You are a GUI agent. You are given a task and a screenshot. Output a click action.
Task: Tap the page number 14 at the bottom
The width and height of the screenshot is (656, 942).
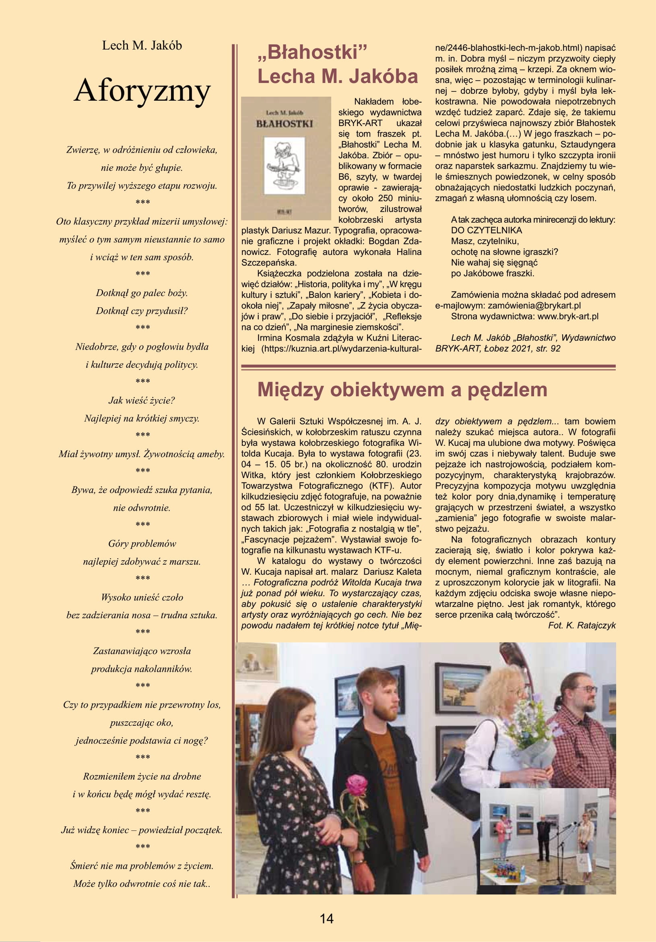click(x=327, y=918)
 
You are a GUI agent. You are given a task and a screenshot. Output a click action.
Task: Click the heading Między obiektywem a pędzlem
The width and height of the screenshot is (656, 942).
click(x=402, y=389)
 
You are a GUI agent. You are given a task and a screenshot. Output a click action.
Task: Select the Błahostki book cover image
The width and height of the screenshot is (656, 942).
click(x=286, y=158)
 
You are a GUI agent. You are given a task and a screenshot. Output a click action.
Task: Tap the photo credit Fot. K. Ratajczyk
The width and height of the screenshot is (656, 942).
click(x=582, y=625)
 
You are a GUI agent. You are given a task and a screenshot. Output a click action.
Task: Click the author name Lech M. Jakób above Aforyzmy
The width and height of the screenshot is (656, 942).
click(x=142, y=46)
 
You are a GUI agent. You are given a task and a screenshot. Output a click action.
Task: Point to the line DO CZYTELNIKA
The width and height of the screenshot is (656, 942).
click(x=486, y=230)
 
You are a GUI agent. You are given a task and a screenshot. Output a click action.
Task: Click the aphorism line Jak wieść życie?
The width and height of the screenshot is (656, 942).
click(x=142, y=400)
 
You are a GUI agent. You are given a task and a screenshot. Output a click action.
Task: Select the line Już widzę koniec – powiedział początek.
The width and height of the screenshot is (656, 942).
click(x=142, y=830)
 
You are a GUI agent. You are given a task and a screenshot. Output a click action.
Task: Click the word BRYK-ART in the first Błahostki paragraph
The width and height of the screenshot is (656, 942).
click(x=360, y=123)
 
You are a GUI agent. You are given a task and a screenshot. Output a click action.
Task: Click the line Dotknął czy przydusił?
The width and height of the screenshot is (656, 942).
click(x=142, y=311)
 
